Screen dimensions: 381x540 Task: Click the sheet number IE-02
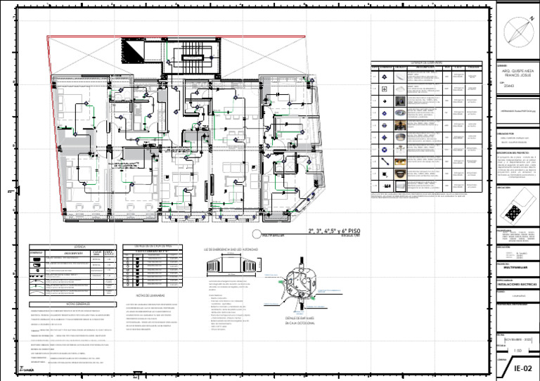click(521, 368)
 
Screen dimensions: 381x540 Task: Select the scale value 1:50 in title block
click(517, 349)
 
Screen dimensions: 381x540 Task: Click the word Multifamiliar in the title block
click(515, 267)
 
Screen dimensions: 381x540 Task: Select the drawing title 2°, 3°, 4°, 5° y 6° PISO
click(334, 231)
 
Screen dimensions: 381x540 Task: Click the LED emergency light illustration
click(230, 267)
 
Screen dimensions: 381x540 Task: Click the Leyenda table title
click(60, 246)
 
